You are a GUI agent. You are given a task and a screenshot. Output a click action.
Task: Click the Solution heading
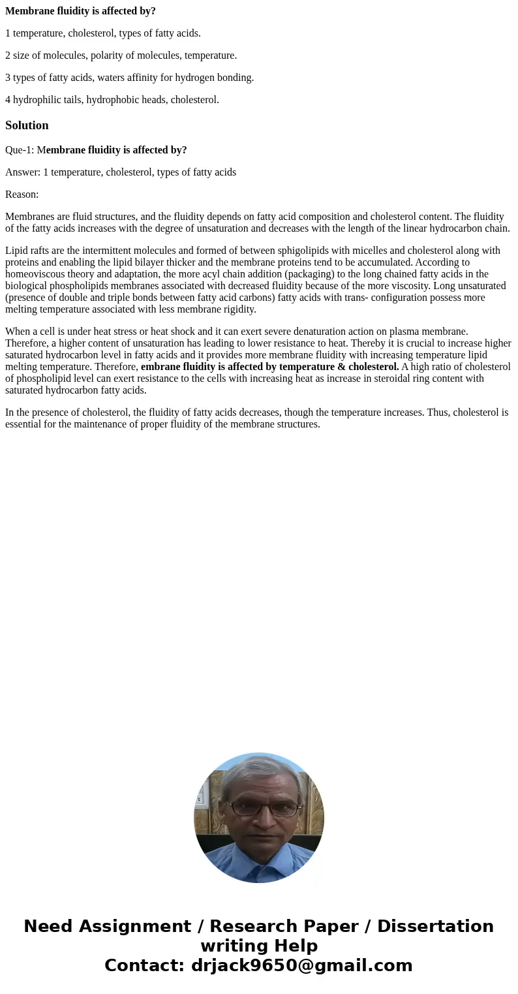(27, 125)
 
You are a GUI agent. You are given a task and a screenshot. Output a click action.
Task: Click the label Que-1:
(20, 150)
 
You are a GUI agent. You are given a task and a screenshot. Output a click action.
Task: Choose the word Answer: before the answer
(23, 172)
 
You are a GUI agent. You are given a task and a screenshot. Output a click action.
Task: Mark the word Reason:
(22, 194)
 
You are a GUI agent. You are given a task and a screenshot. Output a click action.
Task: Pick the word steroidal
(400, 379)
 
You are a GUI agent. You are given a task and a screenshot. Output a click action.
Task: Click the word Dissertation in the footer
(435, 926)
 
